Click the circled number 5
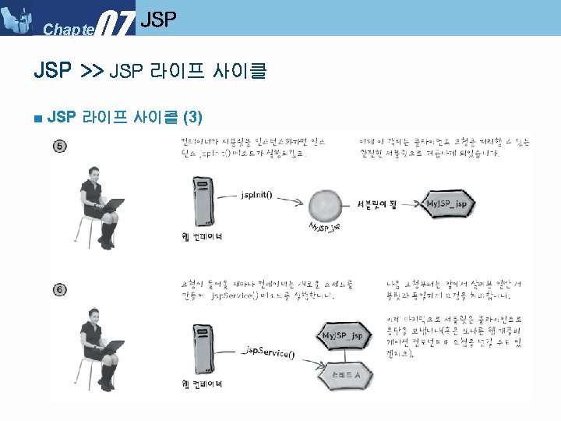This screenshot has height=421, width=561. pyautogui.click(x=60, y=146)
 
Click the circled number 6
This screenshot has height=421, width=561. pyautogui.click(x=60, y=289)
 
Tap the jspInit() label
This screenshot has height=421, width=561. pyautogui.click(x=256, y=193)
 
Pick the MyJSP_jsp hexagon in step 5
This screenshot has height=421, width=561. pyautogui.click(x=448, y=204)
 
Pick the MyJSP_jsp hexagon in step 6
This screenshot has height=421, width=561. pyautogui.click(x=344, y=336)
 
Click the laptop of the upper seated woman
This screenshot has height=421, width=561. pyautogui.click(x=112, y=207)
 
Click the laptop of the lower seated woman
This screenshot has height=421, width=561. pyautogui.click(x=112, y=351)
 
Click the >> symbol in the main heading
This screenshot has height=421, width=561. pyautogui.click(x=92, y=73)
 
